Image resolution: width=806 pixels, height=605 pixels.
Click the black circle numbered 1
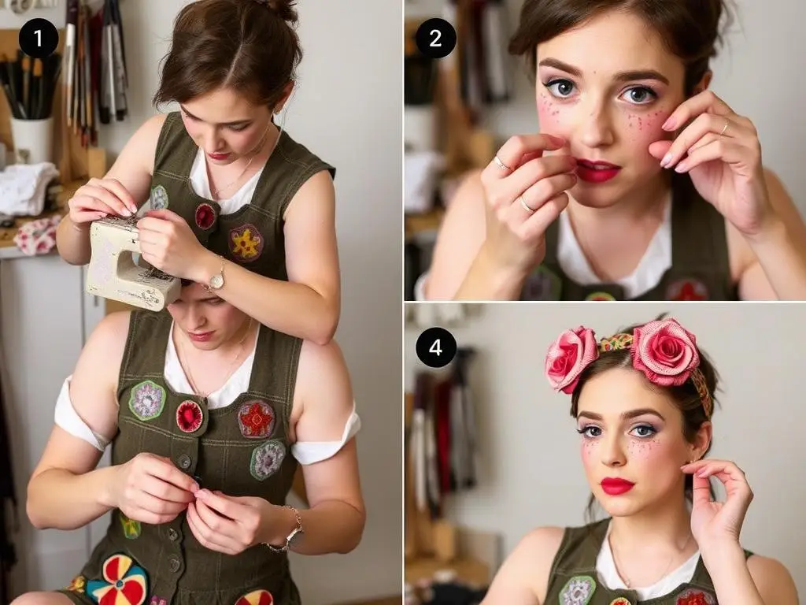(x=39, y=38)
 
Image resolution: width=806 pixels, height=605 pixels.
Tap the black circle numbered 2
(x=435, y=38)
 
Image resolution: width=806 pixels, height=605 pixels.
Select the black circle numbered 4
(x=435, y=347)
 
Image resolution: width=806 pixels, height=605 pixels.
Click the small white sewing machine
(x=131, y=262)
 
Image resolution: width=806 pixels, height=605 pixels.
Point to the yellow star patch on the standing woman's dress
(x=246, y=243)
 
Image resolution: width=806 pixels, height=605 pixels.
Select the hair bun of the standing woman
(x=282, y=9)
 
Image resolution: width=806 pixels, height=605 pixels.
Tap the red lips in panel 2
(x=598, y=170)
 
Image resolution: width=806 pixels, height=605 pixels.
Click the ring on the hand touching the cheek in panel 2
(x=724, y=127)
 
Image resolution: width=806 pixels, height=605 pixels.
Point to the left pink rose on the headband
(x=570, y=357)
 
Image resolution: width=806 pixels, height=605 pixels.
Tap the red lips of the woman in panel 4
(x=617, y=485)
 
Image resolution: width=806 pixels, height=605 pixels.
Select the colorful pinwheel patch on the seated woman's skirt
(x=118, y=579)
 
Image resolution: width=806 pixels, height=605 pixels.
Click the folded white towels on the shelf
(x=28, y=188)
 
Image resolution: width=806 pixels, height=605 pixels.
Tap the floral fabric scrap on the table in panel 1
(x=36, y=236)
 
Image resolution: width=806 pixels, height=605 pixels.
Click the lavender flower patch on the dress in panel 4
(x=577, y=591)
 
